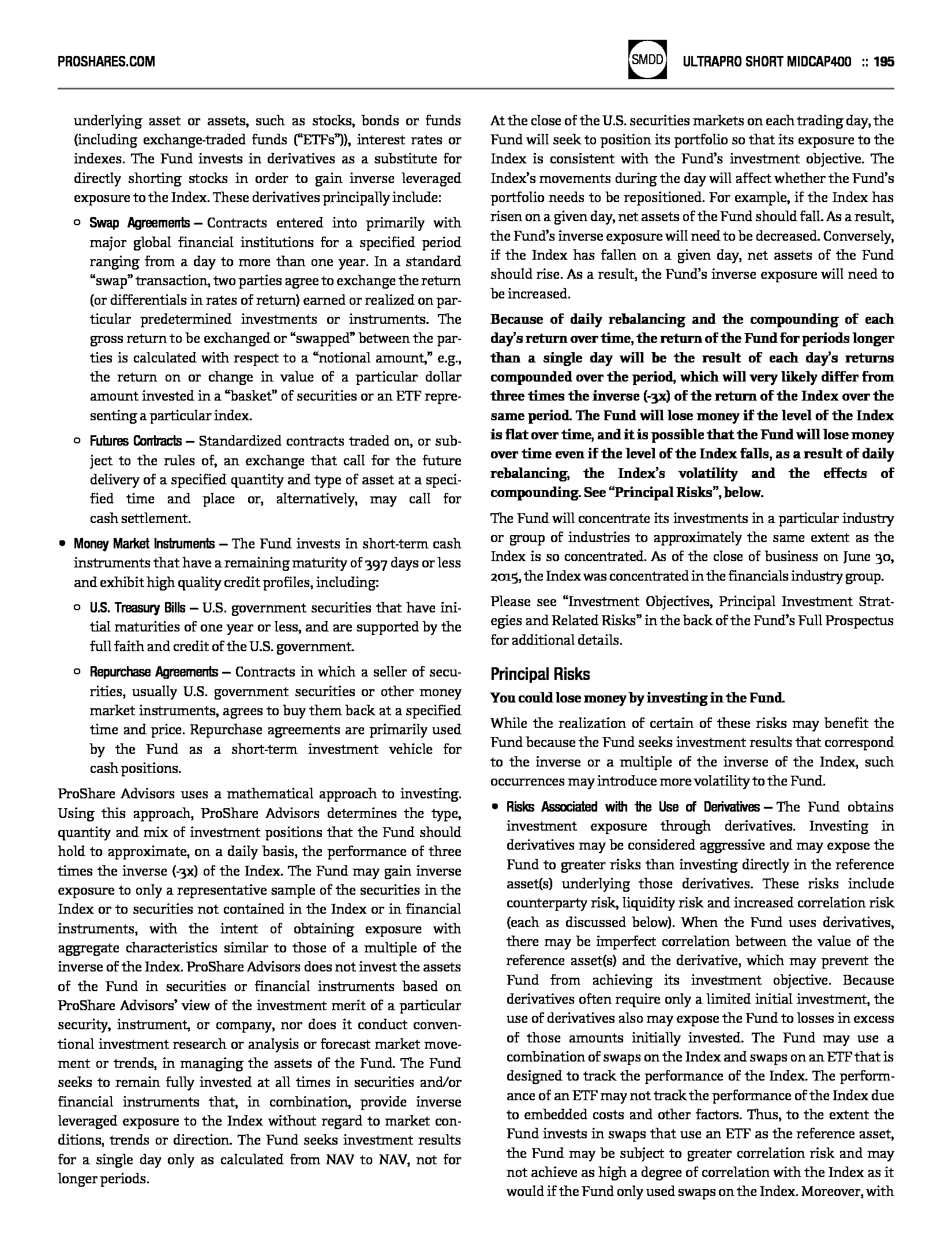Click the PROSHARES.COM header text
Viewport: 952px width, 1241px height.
click(x=107, y=62)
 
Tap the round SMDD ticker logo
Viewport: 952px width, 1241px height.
click(x=647, y=59)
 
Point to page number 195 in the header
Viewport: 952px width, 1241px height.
click(x=883, y=62)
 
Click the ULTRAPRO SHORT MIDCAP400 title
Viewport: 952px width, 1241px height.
click(x=767, y=62)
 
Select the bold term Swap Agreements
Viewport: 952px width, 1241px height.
click(x=139, y=223)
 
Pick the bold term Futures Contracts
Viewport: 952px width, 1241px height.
click(x=136, y=442)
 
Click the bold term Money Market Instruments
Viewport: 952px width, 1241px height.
click(x=144, y=544)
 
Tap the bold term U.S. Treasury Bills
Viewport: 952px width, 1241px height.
click(x=137, y=608)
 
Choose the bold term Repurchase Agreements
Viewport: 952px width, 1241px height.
click(x=153, y=672)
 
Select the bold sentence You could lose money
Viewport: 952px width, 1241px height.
click(x=638, y=698)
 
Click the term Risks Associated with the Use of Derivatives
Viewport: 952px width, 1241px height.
click(x=633, y=807)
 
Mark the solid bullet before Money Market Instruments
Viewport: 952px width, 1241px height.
click(x=62, y=544)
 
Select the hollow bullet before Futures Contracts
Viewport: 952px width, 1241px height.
click(x=77, y=442)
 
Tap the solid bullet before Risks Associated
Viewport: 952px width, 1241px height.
click(x=495, y=807)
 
